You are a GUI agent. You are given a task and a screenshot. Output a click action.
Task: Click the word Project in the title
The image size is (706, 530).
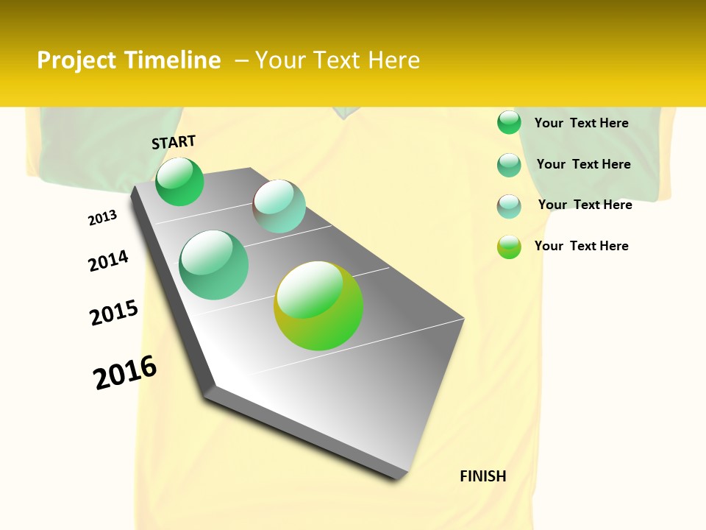(x=77, y=60)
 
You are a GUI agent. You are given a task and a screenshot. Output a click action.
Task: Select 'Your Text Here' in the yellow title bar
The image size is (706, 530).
(x=338, y=60)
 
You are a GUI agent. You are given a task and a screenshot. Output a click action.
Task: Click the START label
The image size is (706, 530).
(x=174, y=142)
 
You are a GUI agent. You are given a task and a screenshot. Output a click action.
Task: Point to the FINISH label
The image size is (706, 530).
(x=483, y=476)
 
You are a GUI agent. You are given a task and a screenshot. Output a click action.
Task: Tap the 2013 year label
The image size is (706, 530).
(x=103, y=218)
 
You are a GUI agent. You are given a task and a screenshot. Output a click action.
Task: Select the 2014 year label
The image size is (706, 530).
(x=109, y=261)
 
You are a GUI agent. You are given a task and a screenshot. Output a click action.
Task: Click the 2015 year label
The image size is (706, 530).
(x=114, y=313)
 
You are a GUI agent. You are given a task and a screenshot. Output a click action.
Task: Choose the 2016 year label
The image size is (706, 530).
(x=125, y=372)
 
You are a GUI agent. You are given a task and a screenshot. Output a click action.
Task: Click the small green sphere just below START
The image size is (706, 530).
(x=179, y=181)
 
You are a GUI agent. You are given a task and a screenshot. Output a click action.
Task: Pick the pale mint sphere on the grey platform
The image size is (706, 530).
(x=279, y=206)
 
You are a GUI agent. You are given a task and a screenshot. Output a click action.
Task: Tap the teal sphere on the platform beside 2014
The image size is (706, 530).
(x=214, y=265)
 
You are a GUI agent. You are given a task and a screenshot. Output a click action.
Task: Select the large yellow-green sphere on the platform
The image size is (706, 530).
(x=318, y=305)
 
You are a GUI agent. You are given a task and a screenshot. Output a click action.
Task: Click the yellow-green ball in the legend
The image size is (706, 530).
(x=509, y=247)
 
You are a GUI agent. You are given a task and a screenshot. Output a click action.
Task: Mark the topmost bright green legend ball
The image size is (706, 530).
(x=509, y=122)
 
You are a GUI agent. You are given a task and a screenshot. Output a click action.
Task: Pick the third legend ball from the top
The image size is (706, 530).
(x=509, y=206)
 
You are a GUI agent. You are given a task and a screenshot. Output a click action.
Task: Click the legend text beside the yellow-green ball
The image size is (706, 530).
(x=582, y=246)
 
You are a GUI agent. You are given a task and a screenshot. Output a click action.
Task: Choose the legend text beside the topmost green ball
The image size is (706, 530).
(x=582, y=123)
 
